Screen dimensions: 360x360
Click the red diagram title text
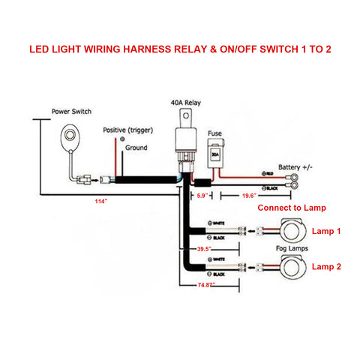coord(180,52)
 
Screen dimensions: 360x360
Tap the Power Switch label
coord(71,111)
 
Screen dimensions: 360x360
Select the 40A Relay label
coord(182,105)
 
